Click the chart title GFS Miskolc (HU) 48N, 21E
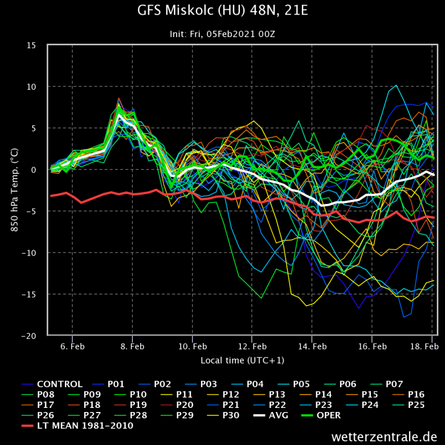(x=222, y=11)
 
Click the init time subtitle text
(x=222, y=34)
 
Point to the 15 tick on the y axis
(x=32, y=45)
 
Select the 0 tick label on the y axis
(x=35, y=170)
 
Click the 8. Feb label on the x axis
(x=132, y=346)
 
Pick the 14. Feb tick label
(x=312, y=346)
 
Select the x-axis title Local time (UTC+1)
(x=242, y=360)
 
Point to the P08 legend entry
(x=48, y=394)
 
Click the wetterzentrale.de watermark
(x=384, y=436)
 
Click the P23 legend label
(x=323, y=404)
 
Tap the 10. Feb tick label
(x=192, y=346)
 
